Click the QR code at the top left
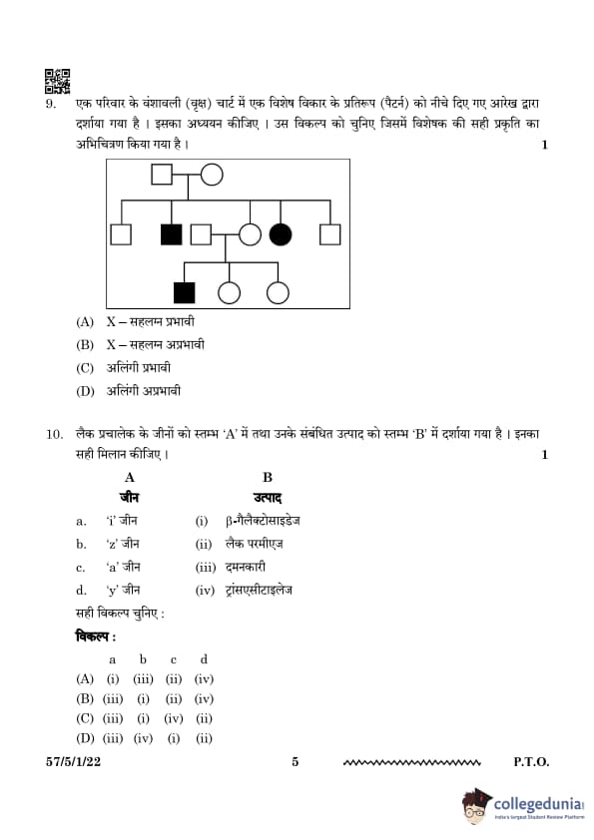[x=57, y=82]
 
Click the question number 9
[x=50, y=104]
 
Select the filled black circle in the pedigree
[x=281, y=234]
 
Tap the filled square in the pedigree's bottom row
[x=185, y=293]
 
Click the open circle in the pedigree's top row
[x=212, y=175]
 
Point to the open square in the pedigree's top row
[x=162, y=175]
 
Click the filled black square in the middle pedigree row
[x=172, y=234]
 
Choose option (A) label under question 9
[x=85, y=322]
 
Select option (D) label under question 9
[x=85, y=391]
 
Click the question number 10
[x=55, y=434]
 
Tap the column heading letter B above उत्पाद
[x=268, y=477]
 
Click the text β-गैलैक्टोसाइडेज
[x=263, y=521]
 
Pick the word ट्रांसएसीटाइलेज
[x=259, y=591]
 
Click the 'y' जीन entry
[x=124, y=590]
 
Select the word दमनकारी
[x=246, y=567]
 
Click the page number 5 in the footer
[x=296, y=762]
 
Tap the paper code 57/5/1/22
[x=74, y=762]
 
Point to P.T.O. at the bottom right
[x=531, y=762]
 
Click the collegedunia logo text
[x=538, y=804]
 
